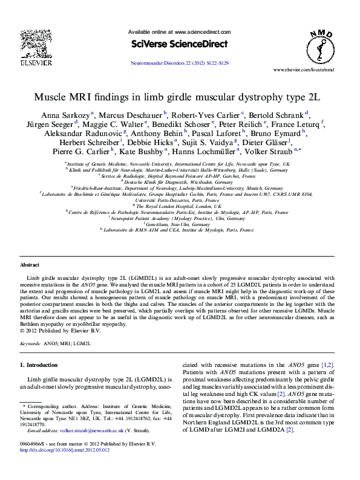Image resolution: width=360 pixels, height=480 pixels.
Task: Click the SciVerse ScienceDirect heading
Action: click(179, 44)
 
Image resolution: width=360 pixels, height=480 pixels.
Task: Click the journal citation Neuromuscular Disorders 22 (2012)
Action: click(180, 63)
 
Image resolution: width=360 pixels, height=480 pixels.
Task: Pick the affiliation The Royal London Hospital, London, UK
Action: click(180, 206)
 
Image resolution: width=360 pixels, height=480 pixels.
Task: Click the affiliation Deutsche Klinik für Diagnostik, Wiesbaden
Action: click(180, 181)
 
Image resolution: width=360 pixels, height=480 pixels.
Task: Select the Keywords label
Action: click(30, 343)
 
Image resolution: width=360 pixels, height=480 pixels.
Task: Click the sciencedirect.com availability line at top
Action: click(179, 31)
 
